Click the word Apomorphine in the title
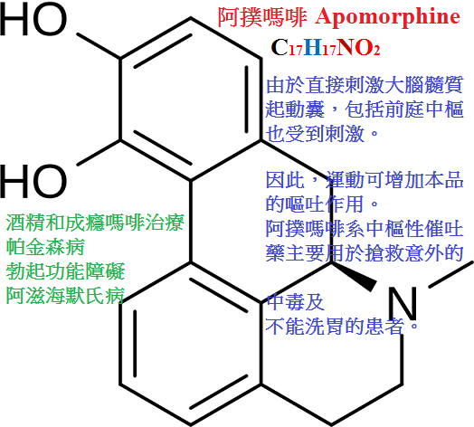(x=387, y=17)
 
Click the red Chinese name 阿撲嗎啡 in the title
(x=262, y=17)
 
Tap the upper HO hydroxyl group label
(x=33, y=20)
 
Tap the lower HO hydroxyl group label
(x=33, y=181)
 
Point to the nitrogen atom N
(x=403, y=303)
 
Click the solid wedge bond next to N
(x=354, y=277)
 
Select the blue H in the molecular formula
(x=313, y=47)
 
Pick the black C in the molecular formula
(x=280, y=47)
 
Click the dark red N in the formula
(x=346, y=47)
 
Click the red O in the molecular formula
(x=364, y=47)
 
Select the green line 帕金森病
(x=45, y=247)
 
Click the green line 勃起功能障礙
(x=65, y=270)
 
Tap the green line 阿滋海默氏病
(x=65, y=295)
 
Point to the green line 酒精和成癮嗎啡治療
(x=95, y=223)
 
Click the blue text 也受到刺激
(x=315, y=133)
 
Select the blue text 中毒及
(x=295, y=302)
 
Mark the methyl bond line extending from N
(x=451, y=274)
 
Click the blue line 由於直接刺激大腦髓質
(x=365, y=85)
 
